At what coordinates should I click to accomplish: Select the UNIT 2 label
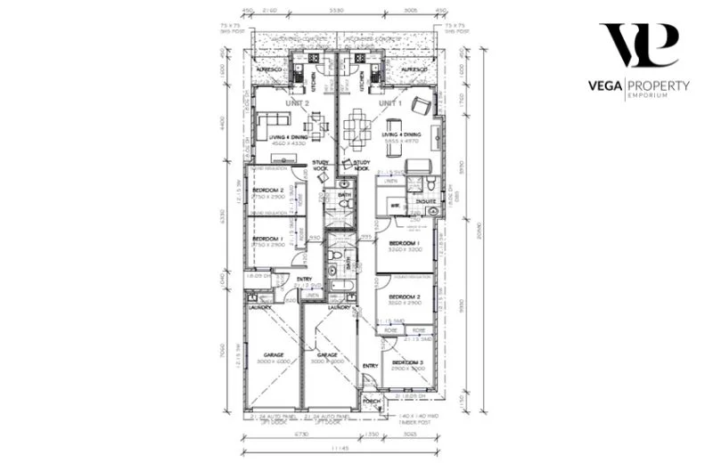[297, 103]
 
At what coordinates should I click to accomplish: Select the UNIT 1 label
[390, 103]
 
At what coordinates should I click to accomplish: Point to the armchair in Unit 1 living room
[420, 106]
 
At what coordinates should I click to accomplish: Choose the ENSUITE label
[426, 201]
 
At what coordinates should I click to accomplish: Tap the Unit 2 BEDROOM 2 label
[267, 191]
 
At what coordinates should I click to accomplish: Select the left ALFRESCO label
[268, 69]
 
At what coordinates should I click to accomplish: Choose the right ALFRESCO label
[414, 69]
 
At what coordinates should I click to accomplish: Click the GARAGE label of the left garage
[273, 354]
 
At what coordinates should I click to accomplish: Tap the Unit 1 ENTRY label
[371, 366]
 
